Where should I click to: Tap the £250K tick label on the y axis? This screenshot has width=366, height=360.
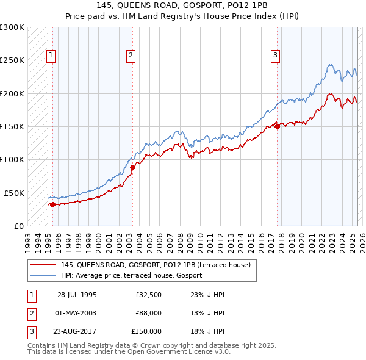coord(12,60)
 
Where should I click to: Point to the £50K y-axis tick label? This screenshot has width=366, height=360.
coord(14,193)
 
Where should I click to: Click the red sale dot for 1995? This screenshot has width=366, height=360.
coord(52,204)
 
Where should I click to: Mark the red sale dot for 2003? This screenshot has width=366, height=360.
coord(132,167)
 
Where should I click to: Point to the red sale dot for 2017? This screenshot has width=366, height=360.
coord(277,126)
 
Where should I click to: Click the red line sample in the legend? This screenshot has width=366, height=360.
coord(43,265)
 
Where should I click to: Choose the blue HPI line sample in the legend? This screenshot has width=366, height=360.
coord(43,276)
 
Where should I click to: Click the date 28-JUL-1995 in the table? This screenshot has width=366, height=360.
coord(77,295)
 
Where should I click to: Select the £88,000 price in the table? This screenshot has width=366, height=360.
coord(148,313)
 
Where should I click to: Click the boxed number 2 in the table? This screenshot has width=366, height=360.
coord(31,313)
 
